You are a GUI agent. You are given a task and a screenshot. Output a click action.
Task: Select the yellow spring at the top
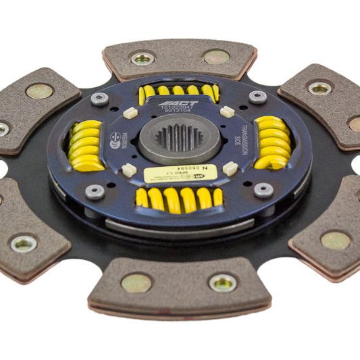(x=178, y=92)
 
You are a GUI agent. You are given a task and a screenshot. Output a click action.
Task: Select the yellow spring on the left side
(x=86, y=145)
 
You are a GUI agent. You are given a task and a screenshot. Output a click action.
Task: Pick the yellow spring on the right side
(x=272, y=143)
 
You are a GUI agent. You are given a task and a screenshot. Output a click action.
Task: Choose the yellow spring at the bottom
(x=179, y=198)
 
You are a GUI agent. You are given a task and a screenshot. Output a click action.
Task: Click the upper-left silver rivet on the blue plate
(x=100, y=99)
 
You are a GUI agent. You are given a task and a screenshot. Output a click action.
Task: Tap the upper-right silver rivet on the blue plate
(x=257, y=97)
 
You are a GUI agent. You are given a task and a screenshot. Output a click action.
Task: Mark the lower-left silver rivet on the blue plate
(x=94, y=192)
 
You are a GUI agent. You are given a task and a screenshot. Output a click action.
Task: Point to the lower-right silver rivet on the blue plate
(x=264, y=190)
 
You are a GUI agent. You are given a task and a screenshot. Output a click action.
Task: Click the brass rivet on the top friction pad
(x=216, y=57)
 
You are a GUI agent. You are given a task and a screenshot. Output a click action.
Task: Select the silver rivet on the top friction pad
(x=143, y=59)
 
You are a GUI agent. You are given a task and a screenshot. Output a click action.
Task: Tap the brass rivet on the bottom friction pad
(x=136, y=282)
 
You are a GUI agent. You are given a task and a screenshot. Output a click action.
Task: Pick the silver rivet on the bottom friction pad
(x=222, y=282)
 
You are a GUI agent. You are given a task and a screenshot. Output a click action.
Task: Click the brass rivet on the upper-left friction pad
(x=39, y=91)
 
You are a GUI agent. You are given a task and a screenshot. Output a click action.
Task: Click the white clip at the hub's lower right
(x=230, y=168)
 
